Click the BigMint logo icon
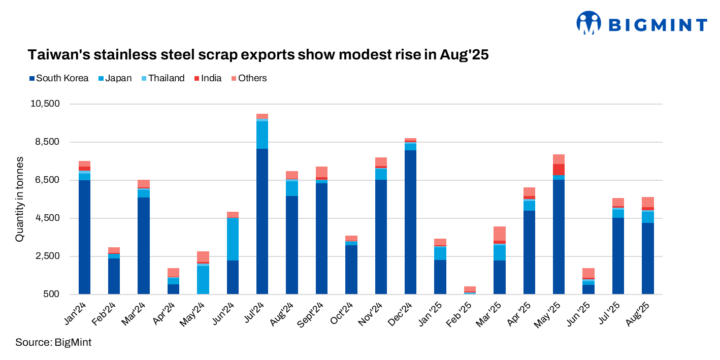tap(588, 23)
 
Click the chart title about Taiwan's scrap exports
tap(257, 55)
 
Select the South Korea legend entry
tap(59, 78)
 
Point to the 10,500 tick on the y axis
tap(46, 104)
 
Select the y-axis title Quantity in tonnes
tap(19, 199)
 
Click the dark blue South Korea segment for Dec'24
tap(410, 222)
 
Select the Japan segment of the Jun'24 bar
tap(233, 239)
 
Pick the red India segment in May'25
tap(559, 170)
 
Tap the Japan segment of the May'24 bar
tap(203, 280)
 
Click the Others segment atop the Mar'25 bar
tap(499, 234)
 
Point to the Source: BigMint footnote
tap(53, 342)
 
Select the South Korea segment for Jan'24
tap(84, 237)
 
